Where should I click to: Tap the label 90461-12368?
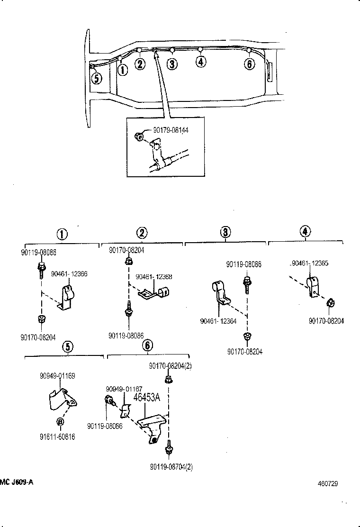click(154, 277)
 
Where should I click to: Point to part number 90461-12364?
click(219, 321)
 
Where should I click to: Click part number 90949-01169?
click(58, 376)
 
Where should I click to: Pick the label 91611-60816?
click(57, 437)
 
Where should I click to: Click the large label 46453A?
click(147, 398)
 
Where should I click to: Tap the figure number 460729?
click(327, 484)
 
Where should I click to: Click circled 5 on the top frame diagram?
click(96, 78)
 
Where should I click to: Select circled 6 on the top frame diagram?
click(249, 64)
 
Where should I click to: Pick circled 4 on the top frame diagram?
click(201, 62)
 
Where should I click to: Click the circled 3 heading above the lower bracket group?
click(225, 232)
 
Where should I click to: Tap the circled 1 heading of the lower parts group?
click(62, 234)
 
